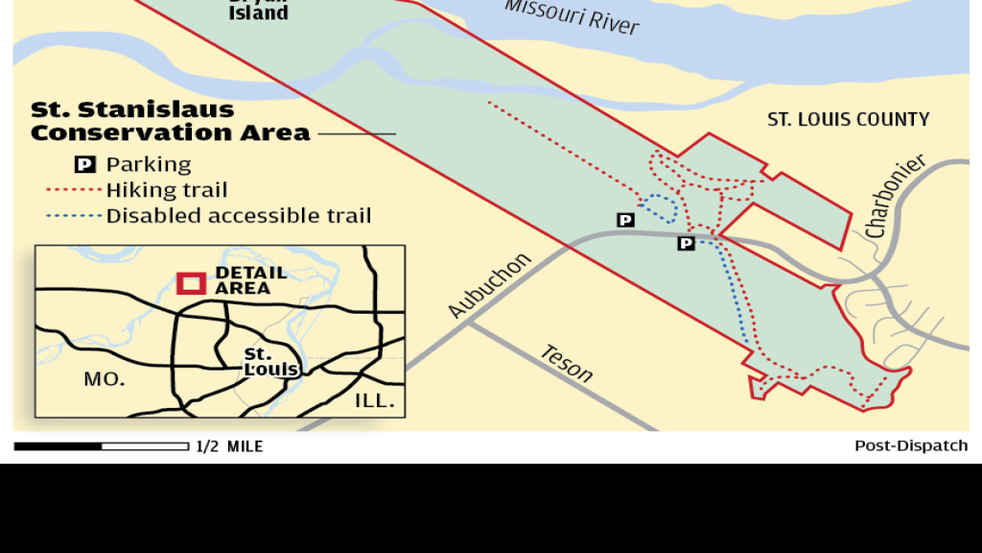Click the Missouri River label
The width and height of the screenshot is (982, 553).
coord(572,15)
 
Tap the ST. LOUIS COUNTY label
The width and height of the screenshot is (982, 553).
coord(848,120)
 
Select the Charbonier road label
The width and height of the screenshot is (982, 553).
coord(897,196)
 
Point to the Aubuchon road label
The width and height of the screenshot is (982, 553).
coord(489,285)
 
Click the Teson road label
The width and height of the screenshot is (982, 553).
coord(566,363)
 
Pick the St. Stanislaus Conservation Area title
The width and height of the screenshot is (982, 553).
coord(170,121)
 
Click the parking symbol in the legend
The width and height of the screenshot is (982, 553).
coord(84,164)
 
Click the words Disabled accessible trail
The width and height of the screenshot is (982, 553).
coord(238,216)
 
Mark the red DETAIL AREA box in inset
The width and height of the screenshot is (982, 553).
coord(191,283)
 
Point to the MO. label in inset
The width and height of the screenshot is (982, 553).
coord(104,379)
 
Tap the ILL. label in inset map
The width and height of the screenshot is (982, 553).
coord(375,400)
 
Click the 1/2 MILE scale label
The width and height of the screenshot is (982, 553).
coord(229,446)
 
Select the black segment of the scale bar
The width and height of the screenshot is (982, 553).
coord(58,446)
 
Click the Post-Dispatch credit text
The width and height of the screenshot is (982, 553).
coord(911,446)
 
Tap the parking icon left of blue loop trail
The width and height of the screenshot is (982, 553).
coord(625,220)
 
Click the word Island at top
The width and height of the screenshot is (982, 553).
coord(258,13)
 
